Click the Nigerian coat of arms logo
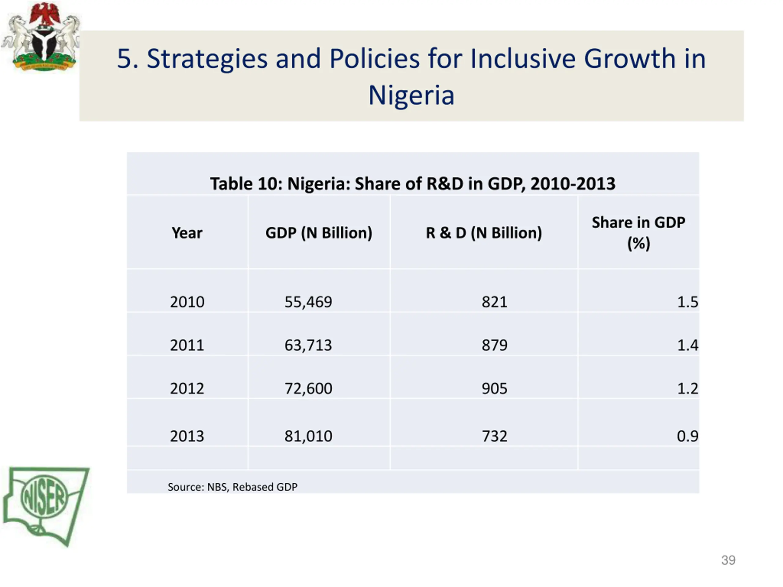tap(42, 37)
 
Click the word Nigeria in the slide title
tap(411, 95)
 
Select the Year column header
tap(187, 233)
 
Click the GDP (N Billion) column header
tap(319, 233)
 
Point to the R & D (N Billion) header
tap(484, 233)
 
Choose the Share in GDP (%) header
tap(638, 233)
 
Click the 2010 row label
tap(187, 302)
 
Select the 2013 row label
tap(187, 436)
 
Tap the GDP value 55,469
tap(308, 302)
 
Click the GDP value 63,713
tap(308, 345)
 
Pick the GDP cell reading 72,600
tap(308, 389)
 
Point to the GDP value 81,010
tap(308, 436)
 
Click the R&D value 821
tap(494, 302)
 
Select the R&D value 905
tap(494, 389)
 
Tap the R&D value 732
tap(494, 436)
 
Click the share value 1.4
tap(687, 345)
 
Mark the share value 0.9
tap(687, 436)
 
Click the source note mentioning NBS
tap(232, 487)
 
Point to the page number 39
tap(728, 560)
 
